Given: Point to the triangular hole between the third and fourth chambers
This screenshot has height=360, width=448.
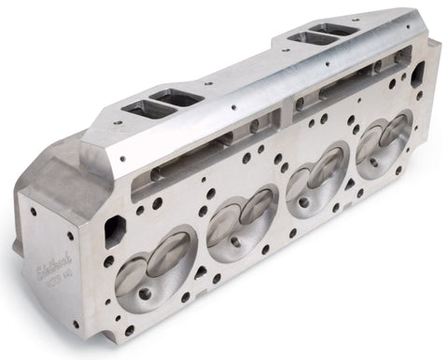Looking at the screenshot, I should (346, 178).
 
